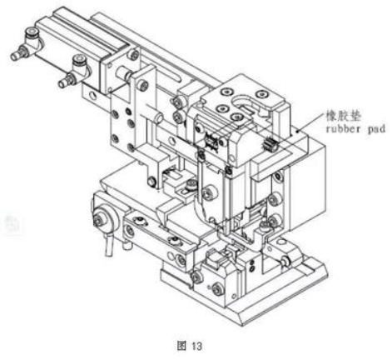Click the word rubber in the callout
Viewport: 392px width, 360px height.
click(343, 129)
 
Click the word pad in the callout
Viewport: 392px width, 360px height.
click(376, 129)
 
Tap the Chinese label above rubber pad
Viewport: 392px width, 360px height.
click(344, 117)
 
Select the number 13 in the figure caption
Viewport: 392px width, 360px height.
click(196, 346)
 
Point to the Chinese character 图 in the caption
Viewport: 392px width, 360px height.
click(181, 346)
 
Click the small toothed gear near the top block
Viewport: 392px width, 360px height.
click(268, 144)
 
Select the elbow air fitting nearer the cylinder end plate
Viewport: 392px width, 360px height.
click(73, 71)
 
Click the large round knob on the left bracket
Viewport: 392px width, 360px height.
click(104, 218)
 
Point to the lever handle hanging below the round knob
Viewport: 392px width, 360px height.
click(109, 244)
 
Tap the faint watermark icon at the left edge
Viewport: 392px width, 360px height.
click(12, 222)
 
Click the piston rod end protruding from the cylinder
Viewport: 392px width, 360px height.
click(124, 73)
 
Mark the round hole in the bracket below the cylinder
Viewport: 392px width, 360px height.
click(93, 96)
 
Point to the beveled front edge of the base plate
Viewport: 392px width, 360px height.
click(283, 302)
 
